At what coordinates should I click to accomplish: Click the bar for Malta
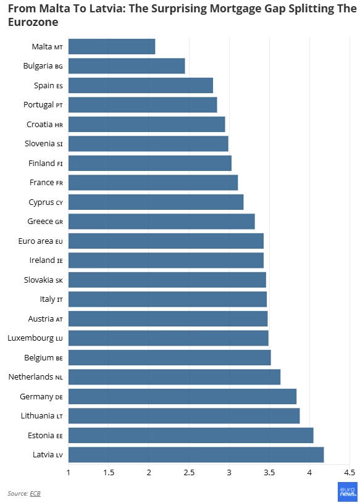click(112, 46)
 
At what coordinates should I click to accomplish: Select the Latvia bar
click(196, 455)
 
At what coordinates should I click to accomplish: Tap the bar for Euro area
click(166, 241)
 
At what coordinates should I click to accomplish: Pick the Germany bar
click(182, 396)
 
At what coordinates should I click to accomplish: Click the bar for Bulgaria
click(127, 66)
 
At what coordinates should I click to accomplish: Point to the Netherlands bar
click(174, 377)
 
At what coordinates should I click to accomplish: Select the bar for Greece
click(161, 222)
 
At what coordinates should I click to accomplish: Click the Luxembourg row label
click(35, 338)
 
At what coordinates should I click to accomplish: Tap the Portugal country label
click(43, 105)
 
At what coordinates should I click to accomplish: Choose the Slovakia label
click(43, 280)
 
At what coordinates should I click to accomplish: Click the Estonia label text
click(45, 435)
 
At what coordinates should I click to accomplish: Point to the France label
click(46, 183)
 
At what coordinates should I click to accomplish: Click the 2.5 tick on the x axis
click(189, 473)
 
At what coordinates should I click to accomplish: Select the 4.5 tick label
click(350, 473)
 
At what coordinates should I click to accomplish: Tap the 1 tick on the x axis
click(69, 473)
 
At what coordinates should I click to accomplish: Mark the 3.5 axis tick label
click(269, 473)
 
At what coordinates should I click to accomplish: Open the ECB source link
click(35, 493)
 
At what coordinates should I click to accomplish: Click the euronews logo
click(348, 492)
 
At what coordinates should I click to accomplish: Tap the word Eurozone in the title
click(33, 22)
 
